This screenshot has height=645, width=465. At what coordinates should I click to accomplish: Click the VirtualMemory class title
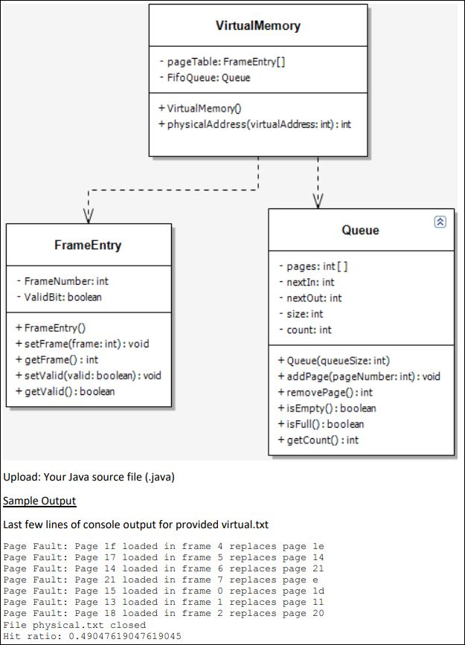258,25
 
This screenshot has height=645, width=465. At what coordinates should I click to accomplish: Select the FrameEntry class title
88,245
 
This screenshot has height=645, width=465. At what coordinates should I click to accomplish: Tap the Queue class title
360,230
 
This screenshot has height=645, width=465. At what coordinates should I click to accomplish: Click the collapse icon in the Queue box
440,222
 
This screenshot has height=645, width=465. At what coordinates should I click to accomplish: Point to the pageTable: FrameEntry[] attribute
222,62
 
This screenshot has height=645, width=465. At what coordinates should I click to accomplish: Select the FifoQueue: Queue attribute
205,77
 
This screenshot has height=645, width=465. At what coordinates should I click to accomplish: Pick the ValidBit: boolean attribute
59,297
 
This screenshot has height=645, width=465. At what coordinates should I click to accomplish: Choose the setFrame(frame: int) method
83,344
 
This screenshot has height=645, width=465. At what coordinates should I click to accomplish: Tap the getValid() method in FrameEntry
65,391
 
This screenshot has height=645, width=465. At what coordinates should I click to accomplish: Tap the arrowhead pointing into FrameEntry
88,216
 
